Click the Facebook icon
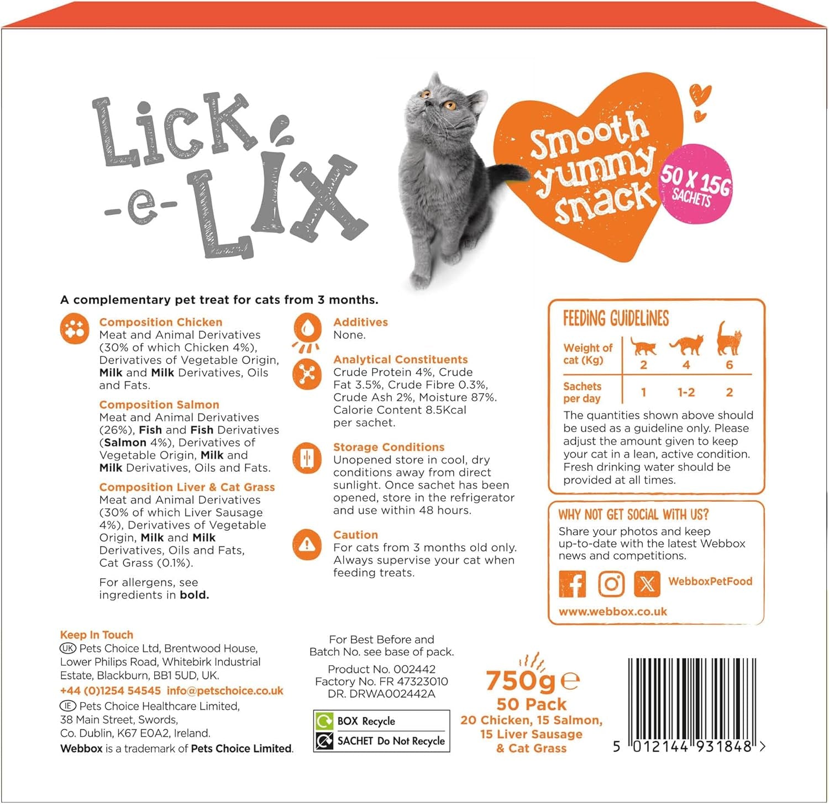point(573,584)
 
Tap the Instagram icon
point(611,584)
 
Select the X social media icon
point(647,584)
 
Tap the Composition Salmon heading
point(159,404)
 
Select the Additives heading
point(360,322)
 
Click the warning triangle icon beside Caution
point(307,544)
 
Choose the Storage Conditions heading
point(389,447)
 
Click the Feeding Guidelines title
point(616,319)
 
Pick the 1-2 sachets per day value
point(686,392)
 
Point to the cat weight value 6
point(729,365)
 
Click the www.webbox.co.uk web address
point(612,612)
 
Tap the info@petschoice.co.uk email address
point(225,691)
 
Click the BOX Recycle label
point(366,721)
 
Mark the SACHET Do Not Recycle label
point(391,741)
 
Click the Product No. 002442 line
point(381,669)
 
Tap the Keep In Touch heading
point(97,635)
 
